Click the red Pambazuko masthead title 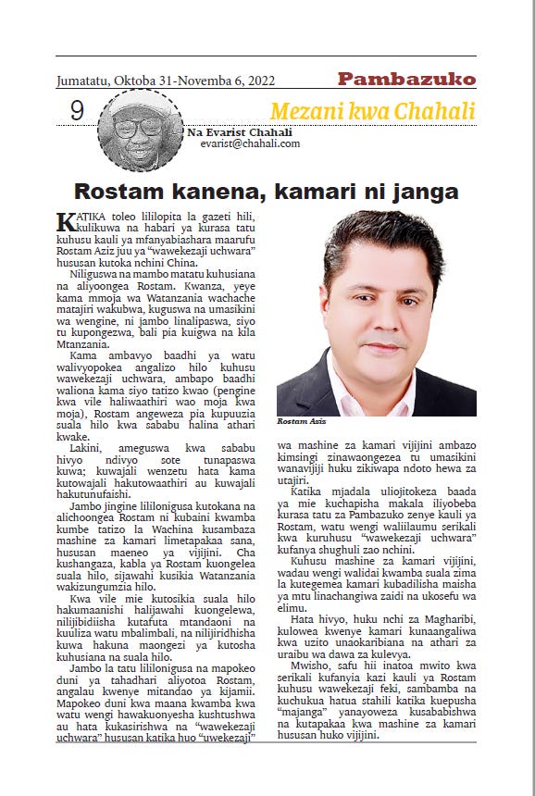tap(406, 79)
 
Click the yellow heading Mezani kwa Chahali tap(372, 112)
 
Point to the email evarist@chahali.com tap(250, 143)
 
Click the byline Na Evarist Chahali tap(240, 132)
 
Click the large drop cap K tap(65, 223)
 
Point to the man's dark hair tap(379, 241)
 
